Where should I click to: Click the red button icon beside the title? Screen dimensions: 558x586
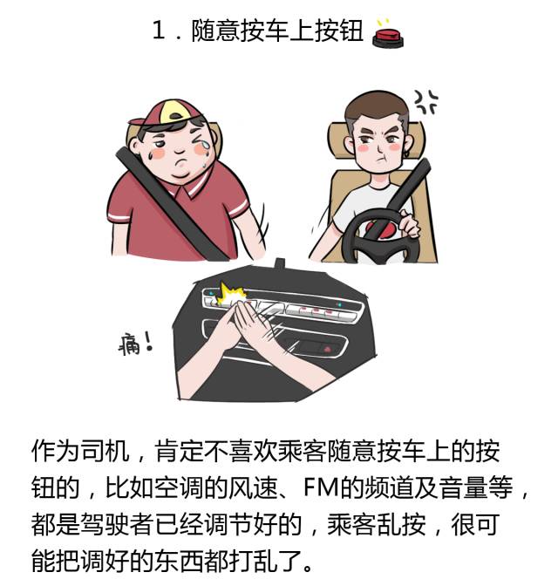(388, 36)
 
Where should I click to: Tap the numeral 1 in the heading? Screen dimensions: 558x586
(159, 31)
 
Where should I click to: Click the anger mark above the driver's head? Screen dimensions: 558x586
(425, 102)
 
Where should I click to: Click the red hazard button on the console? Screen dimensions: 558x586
(328, 350)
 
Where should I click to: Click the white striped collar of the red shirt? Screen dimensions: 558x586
(195, 183)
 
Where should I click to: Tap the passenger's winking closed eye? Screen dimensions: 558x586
(197, 137)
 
